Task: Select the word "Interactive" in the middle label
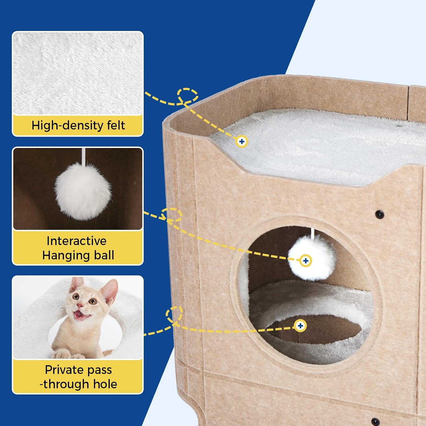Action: [x=77, y=241]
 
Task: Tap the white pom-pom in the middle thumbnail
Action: [x=83, y=191]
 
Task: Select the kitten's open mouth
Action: [x=80, y=314]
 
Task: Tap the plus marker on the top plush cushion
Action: [x=242, y=141]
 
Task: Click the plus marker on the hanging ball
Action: [x=306, y=261]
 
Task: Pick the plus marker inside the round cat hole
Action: [x=300, y=325]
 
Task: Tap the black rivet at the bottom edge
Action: [x=375, y=421]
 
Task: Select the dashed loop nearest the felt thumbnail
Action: [x=187, y=95]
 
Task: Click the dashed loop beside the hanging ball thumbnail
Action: [x=172, y=215]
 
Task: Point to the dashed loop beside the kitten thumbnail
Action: [x=174, y=315]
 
